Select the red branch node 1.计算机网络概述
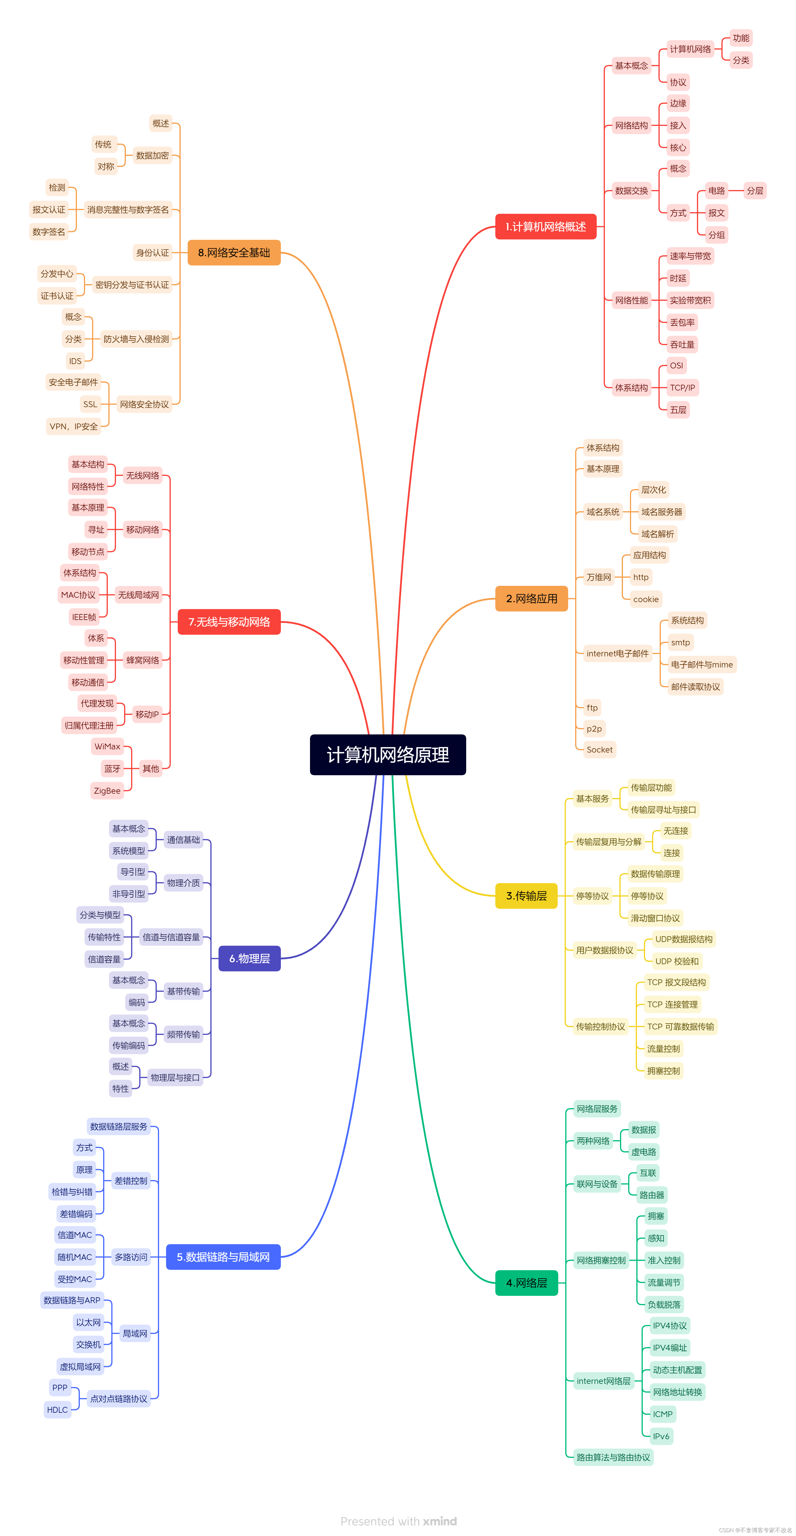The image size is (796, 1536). [545, 226]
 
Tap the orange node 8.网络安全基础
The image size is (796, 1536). [234, 253]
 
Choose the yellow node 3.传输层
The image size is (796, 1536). [526, 896]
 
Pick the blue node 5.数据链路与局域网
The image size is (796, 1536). [223, 1257]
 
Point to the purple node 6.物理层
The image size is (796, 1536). [249, 958]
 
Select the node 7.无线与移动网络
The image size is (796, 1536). [229, 622]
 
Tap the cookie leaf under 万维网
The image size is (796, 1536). [646, 599]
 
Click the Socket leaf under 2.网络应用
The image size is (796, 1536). [599, 750]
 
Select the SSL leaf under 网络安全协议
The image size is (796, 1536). [90, 404]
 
